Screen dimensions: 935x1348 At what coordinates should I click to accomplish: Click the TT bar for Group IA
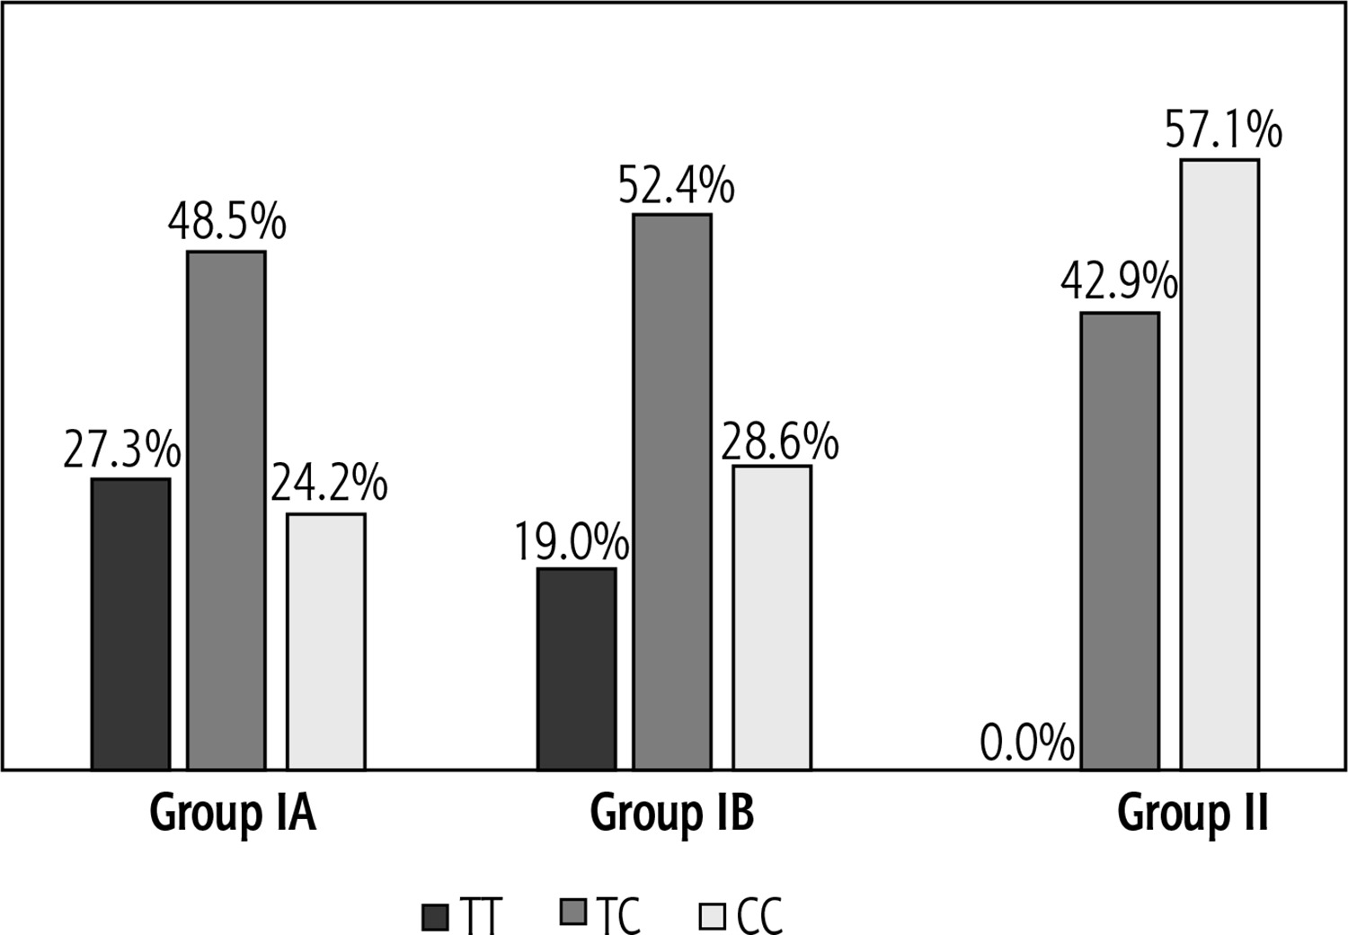coord(130,624)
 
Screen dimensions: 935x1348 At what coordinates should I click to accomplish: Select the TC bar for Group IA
coord(226,510)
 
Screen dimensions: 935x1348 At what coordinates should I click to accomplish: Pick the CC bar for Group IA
coord(326,641)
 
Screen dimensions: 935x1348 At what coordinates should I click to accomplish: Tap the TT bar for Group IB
coord(577,668)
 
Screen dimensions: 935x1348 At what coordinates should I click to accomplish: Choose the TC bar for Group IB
coord(672,491)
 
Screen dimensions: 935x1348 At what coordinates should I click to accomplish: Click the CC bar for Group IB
coord(772,617)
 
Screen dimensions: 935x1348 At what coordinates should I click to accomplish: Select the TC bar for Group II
coord(1120,540)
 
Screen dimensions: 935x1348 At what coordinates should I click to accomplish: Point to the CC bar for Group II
coord(1219,464)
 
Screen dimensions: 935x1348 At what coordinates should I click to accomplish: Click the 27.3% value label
coord(122,451)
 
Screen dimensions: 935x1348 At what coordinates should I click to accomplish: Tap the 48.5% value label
coord(227,222)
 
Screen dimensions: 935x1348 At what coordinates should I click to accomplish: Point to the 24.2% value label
coord(329,484)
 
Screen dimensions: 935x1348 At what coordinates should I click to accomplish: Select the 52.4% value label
coord(676,186)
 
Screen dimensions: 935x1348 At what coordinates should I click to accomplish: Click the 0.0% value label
coord(1027,744)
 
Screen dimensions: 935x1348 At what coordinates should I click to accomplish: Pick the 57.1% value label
coord(1223,129)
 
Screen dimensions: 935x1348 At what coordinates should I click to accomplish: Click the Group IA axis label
coord(233,814)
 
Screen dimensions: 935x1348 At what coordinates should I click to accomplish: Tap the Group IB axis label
coord(672,814)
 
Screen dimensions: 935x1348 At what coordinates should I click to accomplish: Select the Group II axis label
coord(1193,814)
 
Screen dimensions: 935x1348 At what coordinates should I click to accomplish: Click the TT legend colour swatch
coord(435,917)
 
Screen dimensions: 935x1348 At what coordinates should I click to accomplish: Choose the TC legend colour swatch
coord(572,913)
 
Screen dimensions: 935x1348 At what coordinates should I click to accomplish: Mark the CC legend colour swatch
coord(712,917)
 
